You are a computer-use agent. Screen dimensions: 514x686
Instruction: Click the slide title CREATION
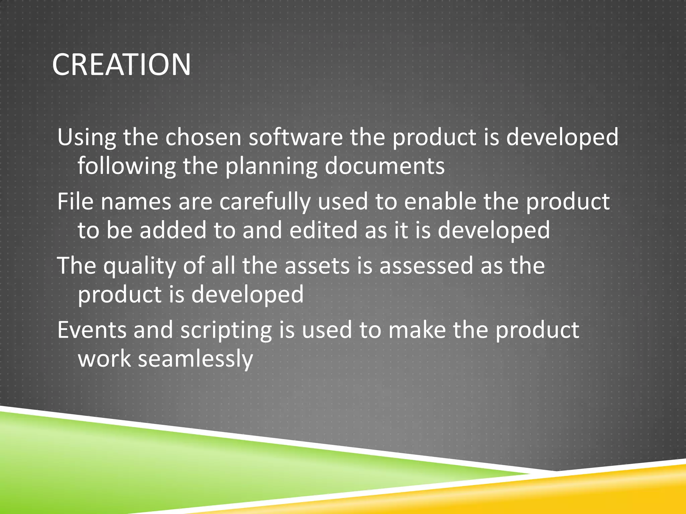pyautogui.click(x=121, y=64)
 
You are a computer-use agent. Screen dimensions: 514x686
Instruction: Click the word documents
pyautogui.click(x=385, y=166)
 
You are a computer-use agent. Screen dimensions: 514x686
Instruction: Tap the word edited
pyautogui.click(x=324, y=230)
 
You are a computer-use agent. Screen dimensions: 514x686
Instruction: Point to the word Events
pyautogui.click(x=91, y=330)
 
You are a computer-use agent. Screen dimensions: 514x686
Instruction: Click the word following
pyautogui.click(x=127, y=166)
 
